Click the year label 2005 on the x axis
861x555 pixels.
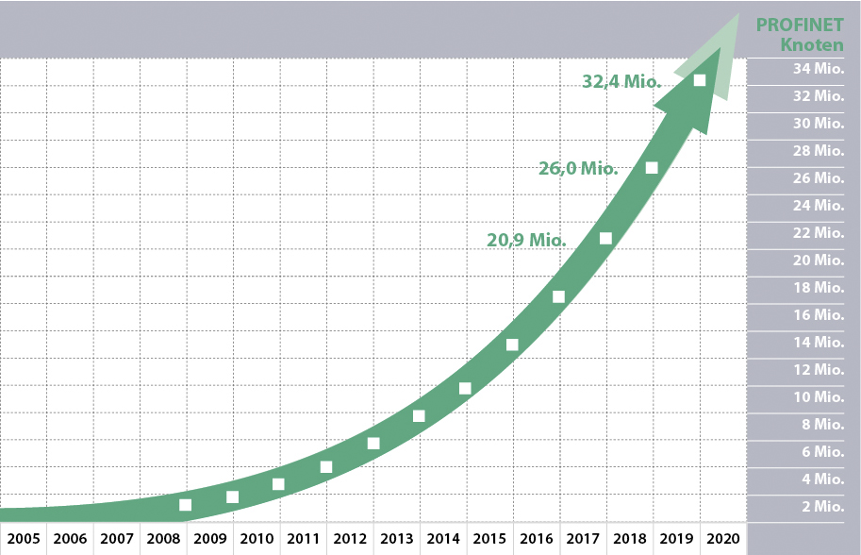click(24, 539)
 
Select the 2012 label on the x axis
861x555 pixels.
click(350, 539)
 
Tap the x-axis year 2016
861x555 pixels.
click(537, 539)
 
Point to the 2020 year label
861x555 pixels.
click(722, 539)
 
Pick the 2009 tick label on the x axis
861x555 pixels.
click(210, 539)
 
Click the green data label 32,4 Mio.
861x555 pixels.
click(621, 82)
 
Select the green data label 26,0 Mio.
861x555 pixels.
click(578, 169)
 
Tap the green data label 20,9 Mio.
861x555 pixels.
click(526, 241)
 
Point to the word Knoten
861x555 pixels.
click(812, 44)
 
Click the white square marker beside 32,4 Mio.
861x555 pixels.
click(700, 80)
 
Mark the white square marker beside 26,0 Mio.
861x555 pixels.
click(652, 168)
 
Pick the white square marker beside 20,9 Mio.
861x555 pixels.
click(605, 239)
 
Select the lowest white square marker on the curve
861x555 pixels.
click(186, 505)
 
